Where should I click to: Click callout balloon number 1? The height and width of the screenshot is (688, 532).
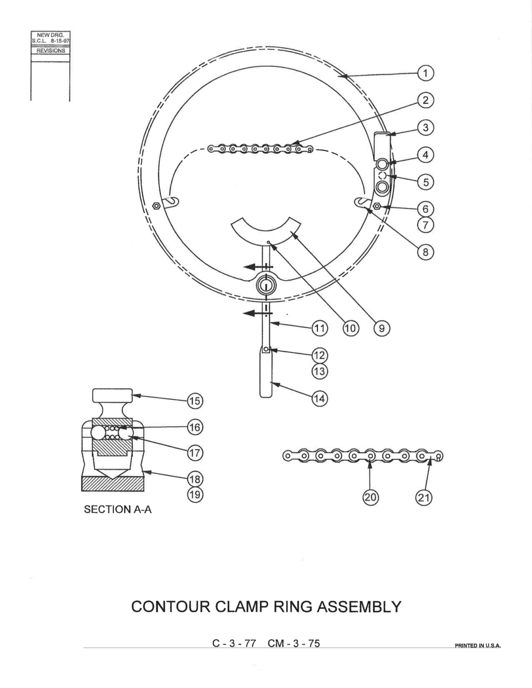[x=426, y=73]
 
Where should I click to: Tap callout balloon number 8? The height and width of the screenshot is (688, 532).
[x=426, y=252]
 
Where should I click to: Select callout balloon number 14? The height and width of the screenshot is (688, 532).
[x=320, y=399]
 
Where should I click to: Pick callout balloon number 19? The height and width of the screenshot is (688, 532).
[x=195, y=494]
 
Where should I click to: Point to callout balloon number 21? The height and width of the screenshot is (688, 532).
[x=423, y=498]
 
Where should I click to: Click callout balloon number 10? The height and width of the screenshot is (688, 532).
[x=350, y=328]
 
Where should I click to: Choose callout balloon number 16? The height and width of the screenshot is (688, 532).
[x=195, y=428]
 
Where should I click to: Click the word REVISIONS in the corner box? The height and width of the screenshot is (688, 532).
[x=51, y=50]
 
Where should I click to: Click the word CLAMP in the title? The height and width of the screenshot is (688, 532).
[x=242, y=607]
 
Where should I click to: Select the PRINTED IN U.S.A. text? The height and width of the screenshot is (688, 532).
[x=477, y=646]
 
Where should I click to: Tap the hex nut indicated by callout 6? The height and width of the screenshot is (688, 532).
[x=377, y=206]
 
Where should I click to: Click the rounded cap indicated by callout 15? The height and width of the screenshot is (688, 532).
[x=112, y=395]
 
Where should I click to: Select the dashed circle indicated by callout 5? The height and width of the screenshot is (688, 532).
[x=382, y=175]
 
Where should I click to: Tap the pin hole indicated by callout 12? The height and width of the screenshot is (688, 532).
[x=266, y=349]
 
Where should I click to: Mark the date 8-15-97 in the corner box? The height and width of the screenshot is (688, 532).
[x=60, y=41]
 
